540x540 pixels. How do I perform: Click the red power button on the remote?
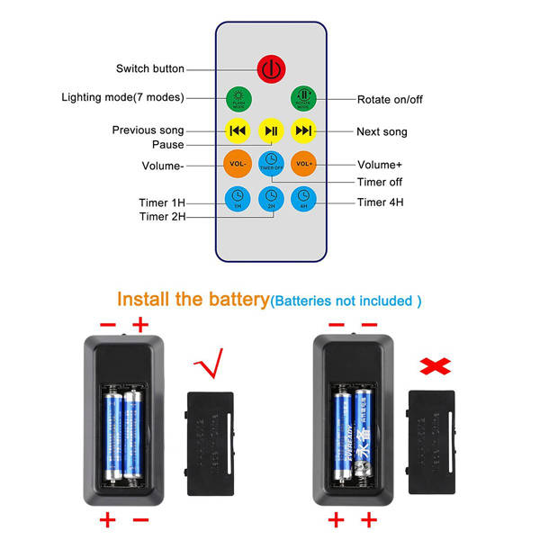[271, 68]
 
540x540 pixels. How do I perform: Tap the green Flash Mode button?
[238, 98]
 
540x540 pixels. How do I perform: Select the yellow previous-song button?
[238, 131]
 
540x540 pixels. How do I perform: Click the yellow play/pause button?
[271, 131]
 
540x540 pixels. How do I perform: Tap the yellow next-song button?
[304, 131]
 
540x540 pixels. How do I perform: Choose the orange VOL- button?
[238, 164]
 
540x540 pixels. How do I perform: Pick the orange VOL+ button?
[304, 164]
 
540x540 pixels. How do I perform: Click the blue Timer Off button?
[271, 163]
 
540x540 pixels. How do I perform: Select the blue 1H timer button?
[238, 197]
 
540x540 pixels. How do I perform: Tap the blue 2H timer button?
[271, 197]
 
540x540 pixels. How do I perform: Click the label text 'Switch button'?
[150, 69]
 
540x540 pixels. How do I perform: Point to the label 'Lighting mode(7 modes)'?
[122, 97]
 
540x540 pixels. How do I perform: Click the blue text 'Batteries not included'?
[346, 301]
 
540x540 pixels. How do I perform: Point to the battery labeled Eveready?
[342, 430]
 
